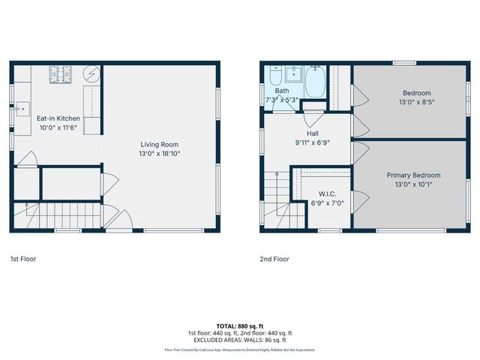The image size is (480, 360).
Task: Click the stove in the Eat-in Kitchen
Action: [59, 73]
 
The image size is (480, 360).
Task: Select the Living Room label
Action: [160, 144]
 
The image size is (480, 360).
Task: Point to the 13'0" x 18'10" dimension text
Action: [160, 153]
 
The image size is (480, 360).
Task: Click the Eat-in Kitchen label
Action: [58, 118]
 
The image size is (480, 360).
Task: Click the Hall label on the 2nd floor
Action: [312, 133]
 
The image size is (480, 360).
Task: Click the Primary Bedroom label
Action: [413, 175]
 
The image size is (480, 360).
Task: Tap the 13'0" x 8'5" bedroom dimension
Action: [413, 101]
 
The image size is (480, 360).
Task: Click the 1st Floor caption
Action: [22, 259]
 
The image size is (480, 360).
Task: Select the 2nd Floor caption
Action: [274, 259]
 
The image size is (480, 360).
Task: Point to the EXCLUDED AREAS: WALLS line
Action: [240, 340]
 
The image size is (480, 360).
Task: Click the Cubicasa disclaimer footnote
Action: [240, 349]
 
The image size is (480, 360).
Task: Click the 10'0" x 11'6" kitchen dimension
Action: [58, 127]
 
